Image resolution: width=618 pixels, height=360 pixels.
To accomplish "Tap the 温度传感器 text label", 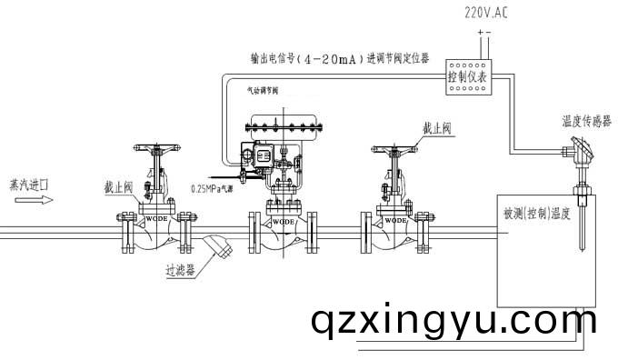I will point(587,119).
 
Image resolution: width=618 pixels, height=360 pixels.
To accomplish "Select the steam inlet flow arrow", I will point(27,203).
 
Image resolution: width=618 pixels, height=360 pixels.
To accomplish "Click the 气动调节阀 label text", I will point(263,90).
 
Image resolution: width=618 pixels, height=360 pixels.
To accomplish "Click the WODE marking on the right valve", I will point(396,220).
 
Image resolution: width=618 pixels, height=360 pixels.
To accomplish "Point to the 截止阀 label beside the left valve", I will point(118,186).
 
